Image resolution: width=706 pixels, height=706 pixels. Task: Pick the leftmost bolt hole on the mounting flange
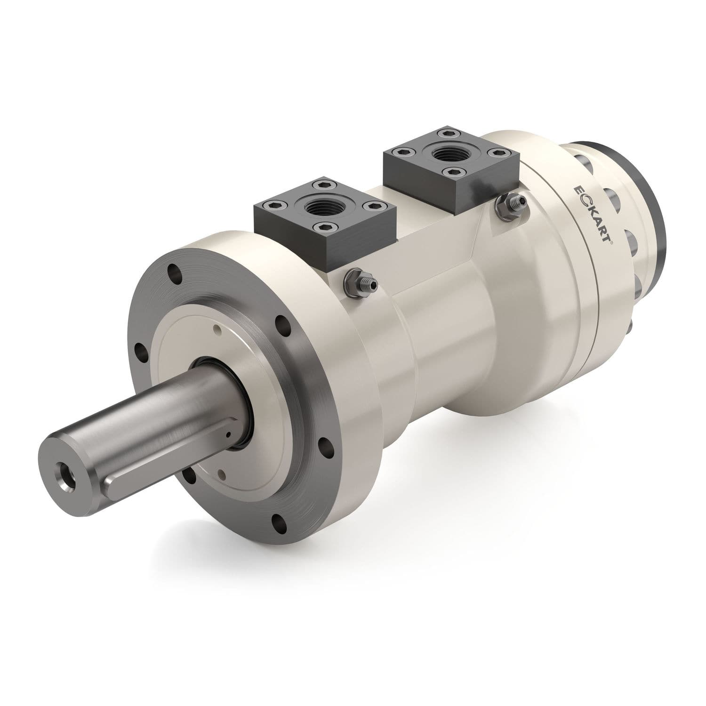139,350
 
